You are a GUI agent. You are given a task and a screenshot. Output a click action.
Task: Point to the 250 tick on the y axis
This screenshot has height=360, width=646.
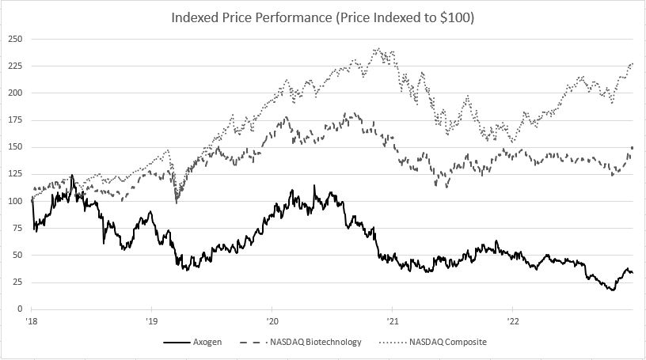(x=14, y=39)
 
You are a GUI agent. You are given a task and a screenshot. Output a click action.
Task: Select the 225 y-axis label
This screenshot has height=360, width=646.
(x=14, y=66)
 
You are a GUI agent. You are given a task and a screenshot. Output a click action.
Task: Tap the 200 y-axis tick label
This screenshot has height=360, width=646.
(x=14, y=93)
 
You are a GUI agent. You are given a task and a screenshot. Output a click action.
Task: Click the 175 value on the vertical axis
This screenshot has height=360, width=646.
(x=14, y=119)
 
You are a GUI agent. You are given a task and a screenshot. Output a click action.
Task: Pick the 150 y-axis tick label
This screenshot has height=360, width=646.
(x=14, y=146)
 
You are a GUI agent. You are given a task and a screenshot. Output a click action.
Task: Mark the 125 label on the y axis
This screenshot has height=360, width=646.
(x=14, y=173)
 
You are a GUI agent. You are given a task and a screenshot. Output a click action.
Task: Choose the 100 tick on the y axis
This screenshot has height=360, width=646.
(x=14, y=201)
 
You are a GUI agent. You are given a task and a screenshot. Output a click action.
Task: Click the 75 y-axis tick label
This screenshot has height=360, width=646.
(x=17, y=228)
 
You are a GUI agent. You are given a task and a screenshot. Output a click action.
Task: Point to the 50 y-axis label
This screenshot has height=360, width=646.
(x=17, y=255)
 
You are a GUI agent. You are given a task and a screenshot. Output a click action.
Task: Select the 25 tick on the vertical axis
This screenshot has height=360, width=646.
(x=17, y=282)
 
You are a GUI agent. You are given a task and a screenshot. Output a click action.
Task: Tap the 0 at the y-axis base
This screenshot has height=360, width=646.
(x=19, y=309)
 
